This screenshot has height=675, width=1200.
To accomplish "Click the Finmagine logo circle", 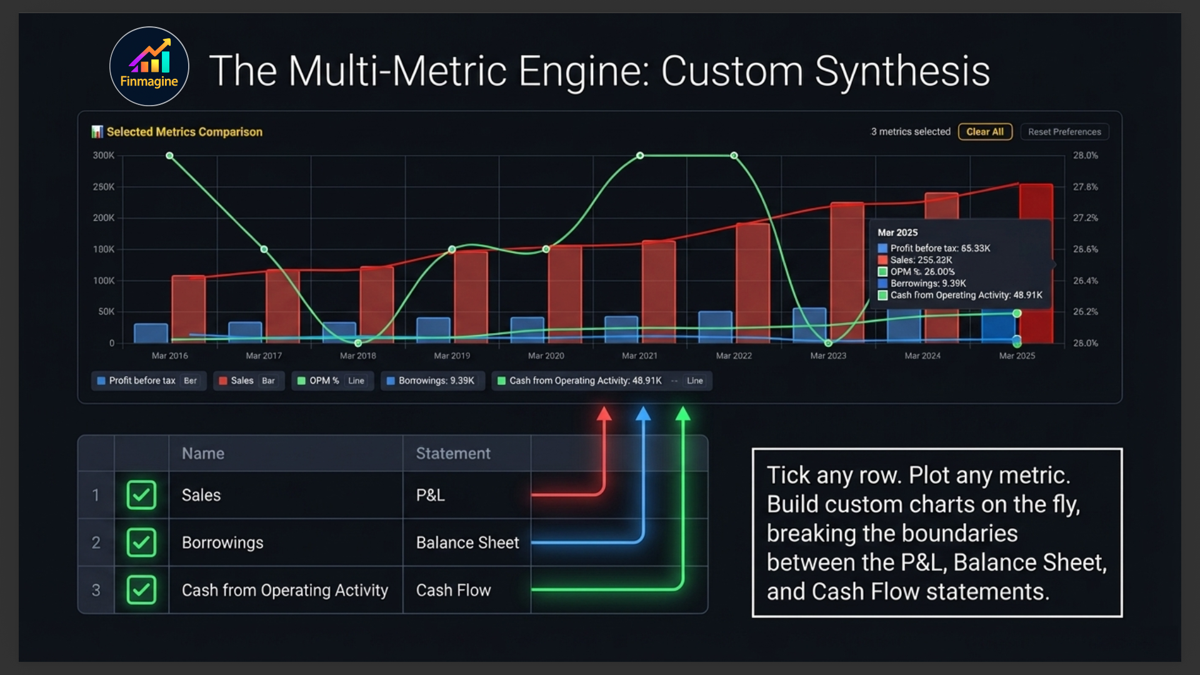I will point(149,66).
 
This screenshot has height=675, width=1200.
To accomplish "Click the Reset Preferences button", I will point(1064,132).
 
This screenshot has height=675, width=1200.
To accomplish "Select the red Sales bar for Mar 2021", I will point(659,291).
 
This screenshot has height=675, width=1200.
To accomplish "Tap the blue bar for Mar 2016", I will point(151,333).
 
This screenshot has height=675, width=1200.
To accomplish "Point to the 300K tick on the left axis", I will point(104,156).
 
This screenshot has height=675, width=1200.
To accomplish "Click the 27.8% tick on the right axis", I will point(1085,187).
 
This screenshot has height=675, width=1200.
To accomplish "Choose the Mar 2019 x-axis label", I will point(452,356).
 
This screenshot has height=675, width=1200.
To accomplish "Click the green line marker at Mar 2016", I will point(169,156).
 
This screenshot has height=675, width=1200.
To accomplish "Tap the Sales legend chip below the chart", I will point(248,381).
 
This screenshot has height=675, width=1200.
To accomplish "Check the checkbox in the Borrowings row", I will point(141,542).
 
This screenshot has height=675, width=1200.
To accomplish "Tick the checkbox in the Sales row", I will point(141,495).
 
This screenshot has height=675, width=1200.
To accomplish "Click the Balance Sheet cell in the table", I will point(467,542).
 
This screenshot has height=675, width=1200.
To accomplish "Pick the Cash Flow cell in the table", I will point(454,590).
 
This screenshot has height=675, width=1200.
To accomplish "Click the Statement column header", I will point(453,453).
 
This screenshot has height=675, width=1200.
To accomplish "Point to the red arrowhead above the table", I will point(604,414).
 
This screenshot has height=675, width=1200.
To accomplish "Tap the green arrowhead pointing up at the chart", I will point(683,414).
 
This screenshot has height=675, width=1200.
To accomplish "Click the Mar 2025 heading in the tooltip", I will point(897,232).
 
